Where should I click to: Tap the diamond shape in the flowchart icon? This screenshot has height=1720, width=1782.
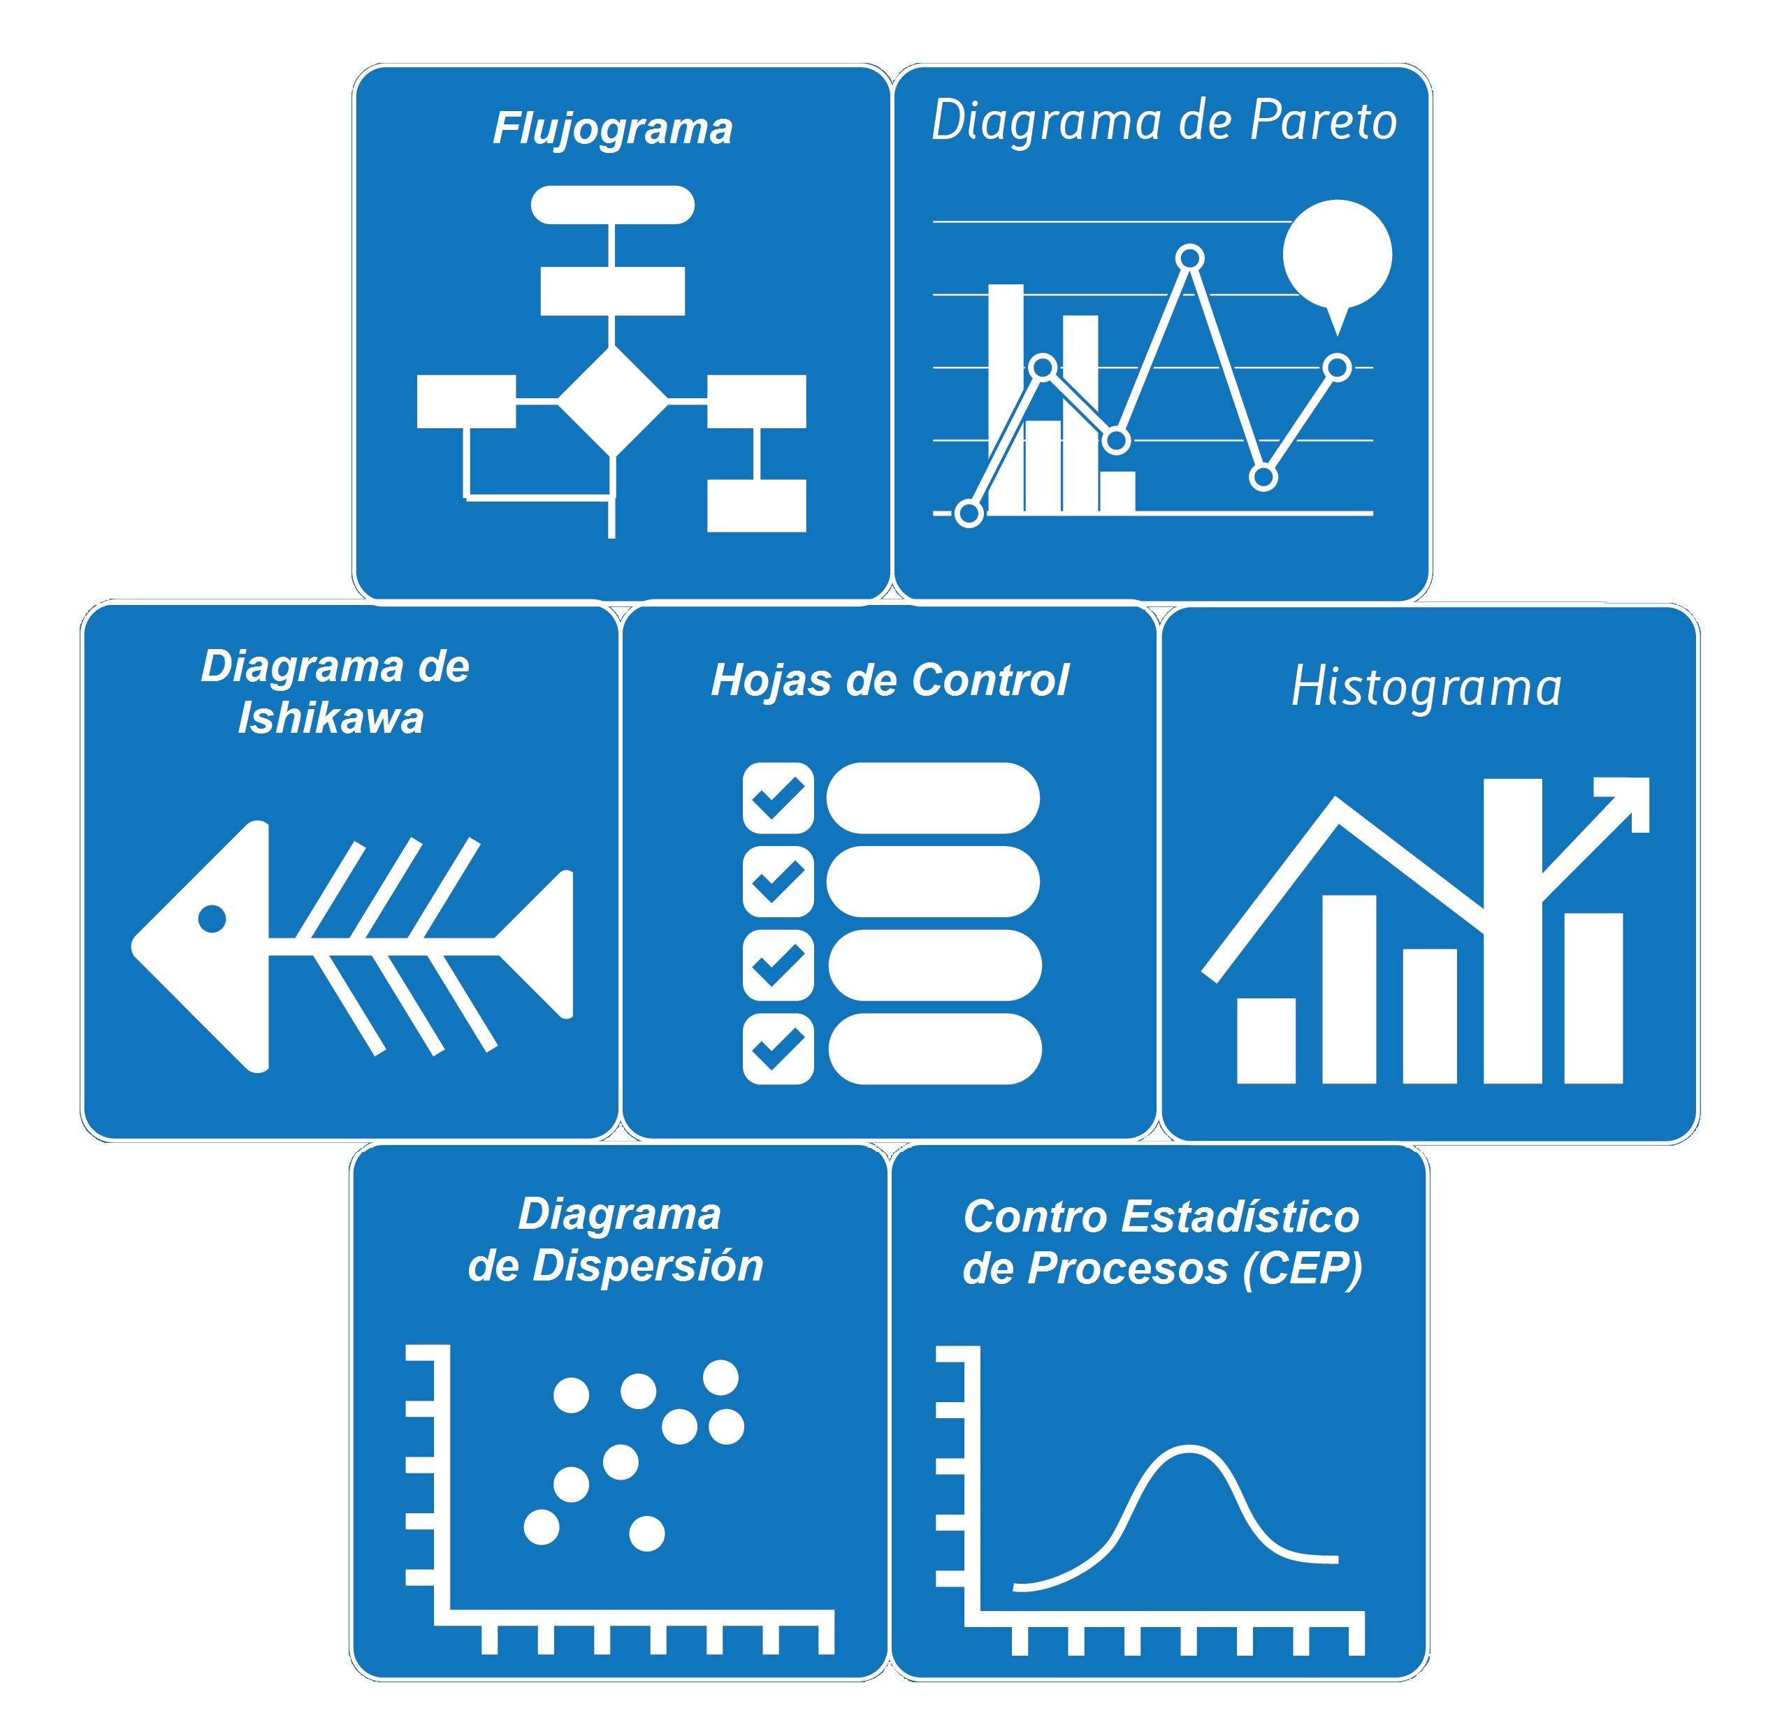[x=612, y=401]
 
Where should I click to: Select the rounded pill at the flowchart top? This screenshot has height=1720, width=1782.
[x=613, y=205]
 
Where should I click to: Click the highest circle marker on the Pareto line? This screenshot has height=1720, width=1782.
[x=1190, y=259]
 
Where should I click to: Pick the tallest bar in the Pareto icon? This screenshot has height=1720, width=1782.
[x=1006, y=398]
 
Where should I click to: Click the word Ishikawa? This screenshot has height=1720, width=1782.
[x=331, y=719]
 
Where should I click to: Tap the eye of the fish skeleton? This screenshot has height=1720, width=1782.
[x=212, y=919]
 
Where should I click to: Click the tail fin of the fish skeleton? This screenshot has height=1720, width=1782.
[x=541, y=945]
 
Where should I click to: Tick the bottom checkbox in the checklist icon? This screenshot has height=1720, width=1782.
[x=778, y=1049]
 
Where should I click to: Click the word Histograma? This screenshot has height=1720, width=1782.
[x=1426, y=688]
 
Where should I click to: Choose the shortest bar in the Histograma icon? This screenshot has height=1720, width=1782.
[x=1266, y=1041]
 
